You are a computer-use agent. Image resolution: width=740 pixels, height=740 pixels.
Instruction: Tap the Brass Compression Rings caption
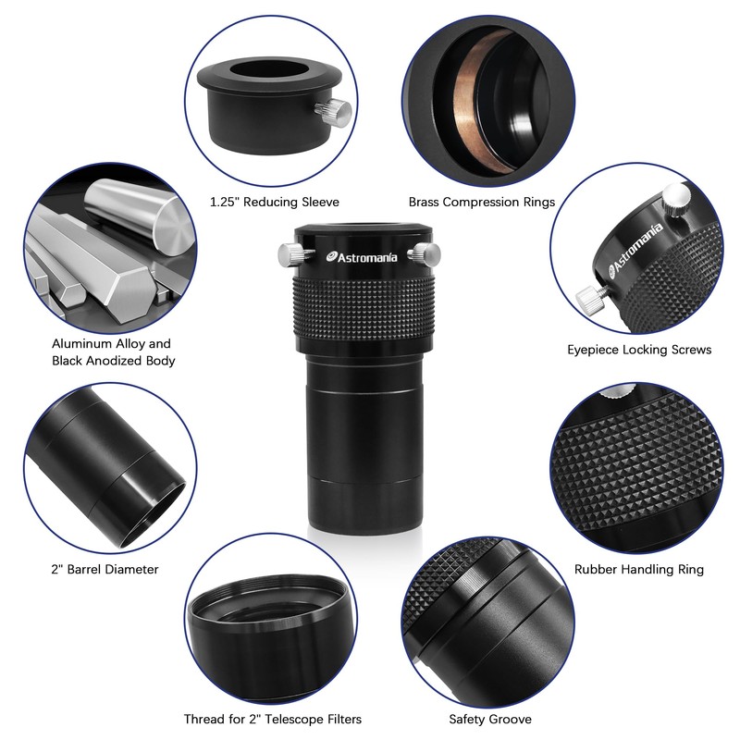(482, 202)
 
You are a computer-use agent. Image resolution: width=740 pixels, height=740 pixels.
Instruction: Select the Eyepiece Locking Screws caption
(639, 350)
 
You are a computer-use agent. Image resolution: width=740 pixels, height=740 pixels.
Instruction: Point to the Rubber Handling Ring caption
(639, 570)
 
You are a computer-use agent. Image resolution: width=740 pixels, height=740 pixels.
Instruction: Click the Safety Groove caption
(490, 719)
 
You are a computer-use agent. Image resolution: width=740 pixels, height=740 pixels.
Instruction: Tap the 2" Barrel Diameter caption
(105, 570)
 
